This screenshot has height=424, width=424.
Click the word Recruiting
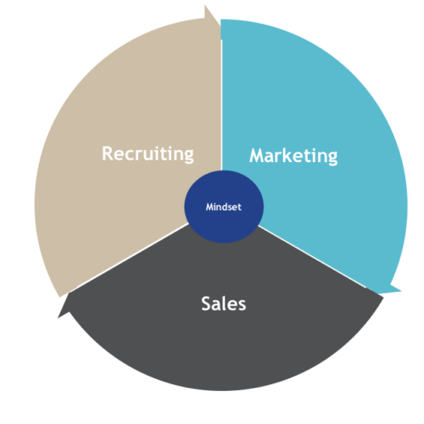148,154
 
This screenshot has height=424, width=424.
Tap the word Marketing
293,156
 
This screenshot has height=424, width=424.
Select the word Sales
224,304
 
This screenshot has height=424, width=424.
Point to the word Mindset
224,207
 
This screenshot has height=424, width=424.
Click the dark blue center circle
224,207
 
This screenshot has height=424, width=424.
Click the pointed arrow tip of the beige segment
205,6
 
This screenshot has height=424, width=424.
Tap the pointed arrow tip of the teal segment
400,291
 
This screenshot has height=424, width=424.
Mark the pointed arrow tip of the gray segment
59,317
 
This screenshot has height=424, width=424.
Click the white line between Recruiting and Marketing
221,105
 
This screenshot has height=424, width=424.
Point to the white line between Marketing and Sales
312,257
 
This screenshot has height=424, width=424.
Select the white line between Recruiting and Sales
132,256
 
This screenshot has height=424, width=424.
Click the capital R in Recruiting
109,153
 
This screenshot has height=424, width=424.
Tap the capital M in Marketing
259,155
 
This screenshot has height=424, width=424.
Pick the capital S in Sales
207,304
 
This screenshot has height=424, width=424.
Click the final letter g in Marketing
332,158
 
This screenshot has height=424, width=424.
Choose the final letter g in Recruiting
188,156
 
